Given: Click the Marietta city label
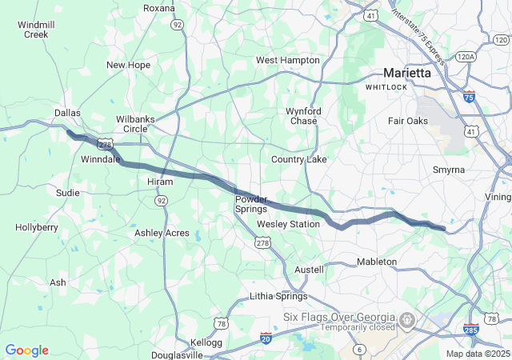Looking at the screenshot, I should coord(406,72).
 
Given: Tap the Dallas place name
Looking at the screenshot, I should coord(68,113).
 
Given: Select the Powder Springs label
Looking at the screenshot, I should coord(251,203).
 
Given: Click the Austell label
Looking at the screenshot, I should coord(309,270).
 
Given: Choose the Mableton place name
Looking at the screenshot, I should coord(376,262).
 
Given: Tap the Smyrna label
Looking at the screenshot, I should coord(448,170).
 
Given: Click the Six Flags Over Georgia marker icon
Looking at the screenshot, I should coord(407,322).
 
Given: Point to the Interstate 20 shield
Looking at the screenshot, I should coord(266,338).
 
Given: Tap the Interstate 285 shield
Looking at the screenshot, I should coord(471,330).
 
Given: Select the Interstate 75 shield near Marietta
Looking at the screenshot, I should coord(469,97).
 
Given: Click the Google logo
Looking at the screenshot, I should coord(26,350).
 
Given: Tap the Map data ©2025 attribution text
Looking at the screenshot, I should coord(477,354).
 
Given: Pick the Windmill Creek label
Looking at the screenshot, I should coord(36,30).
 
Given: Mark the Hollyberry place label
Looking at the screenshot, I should coord(37,227).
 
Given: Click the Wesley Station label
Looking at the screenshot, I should coord(288,224).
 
